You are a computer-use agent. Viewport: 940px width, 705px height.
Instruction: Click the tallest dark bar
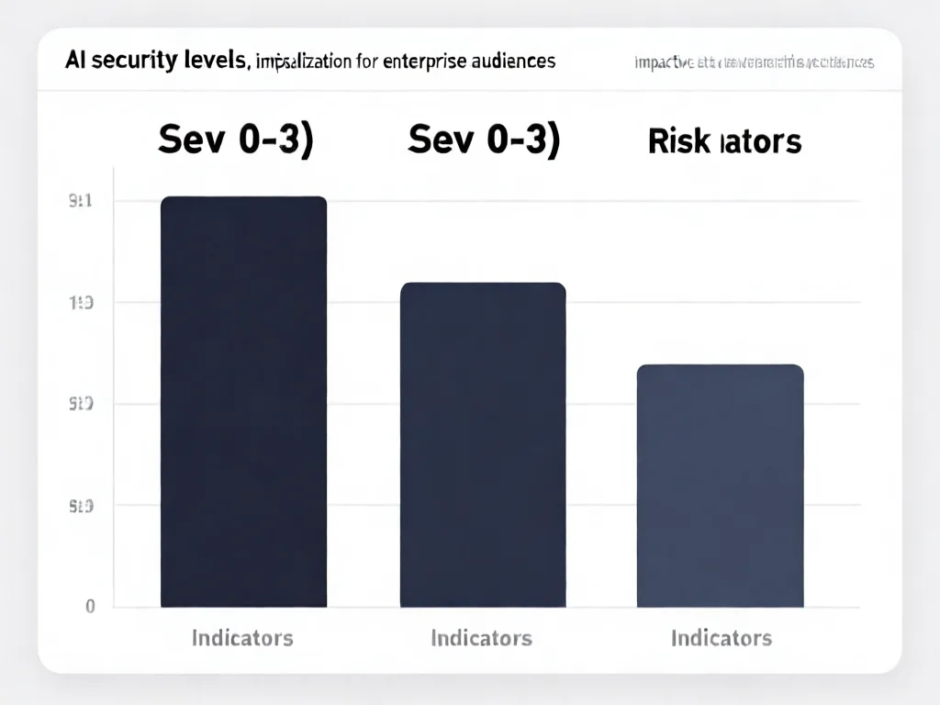pos(243,401)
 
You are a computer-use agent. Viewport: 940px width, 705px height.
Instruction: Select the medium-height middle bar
pos(483,444)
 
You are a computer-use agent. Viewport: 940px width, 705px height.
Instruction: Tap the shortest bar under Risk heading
pos(721,486)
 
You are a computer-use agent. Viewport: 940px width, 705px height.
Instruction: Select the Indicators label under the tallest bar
pos(242,637)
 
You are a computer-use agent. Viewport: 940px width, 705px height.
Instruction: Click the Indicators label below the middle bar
pos(482,637)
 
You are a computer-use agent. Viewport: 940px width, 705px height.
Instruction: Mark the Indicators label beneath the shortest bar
pos(722,637)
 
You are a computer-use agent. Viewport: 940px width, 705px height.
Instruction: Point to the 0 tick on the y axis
pos(90,606)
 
